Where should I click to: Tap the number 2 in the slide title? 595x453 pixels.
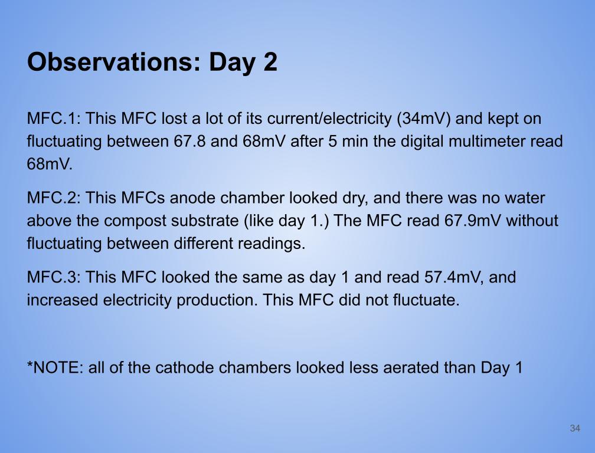[x=270, y=61]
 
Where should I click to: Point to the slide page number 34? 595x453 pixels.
[x=575, y=428]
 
